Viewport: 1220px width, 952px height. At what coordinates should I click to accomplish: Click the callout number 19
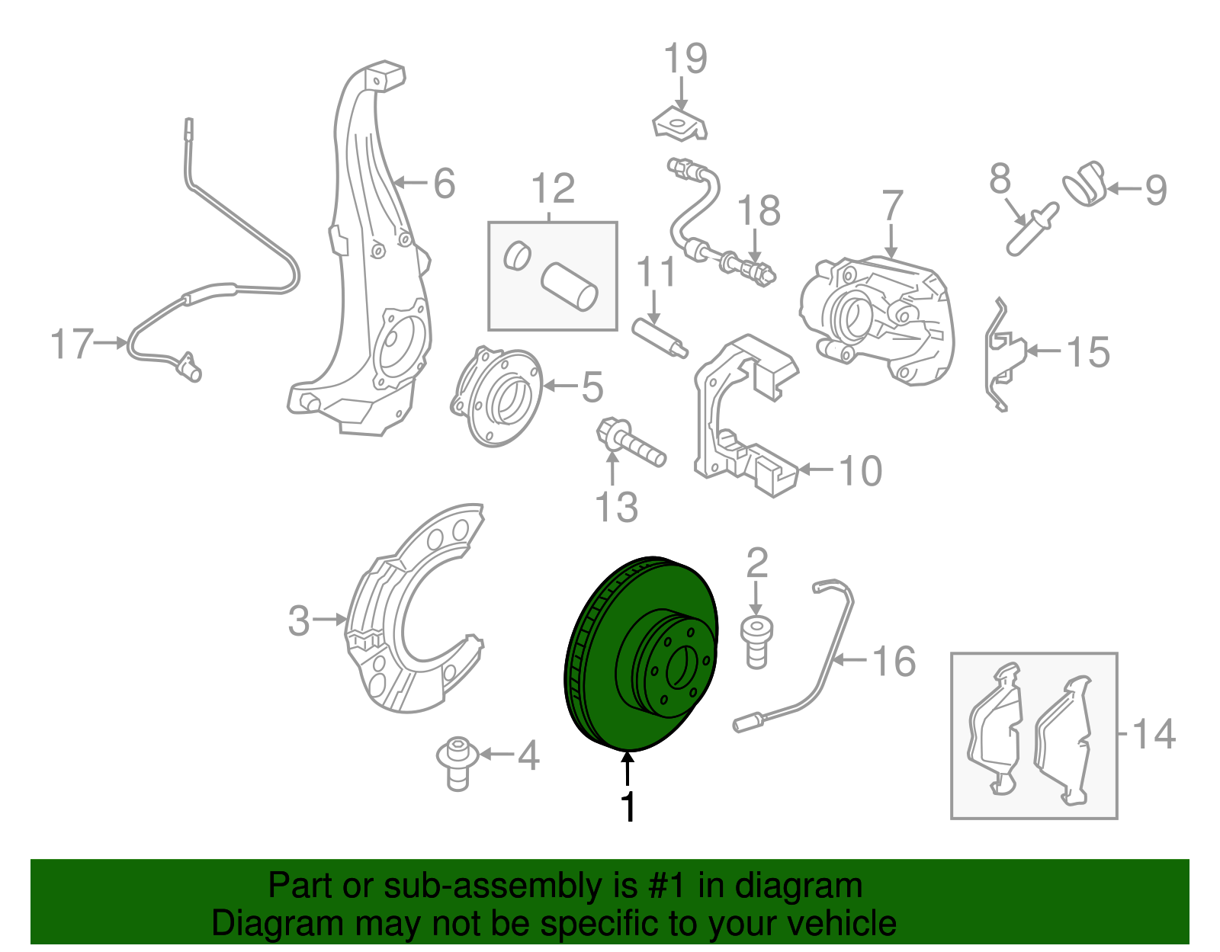(685, 59)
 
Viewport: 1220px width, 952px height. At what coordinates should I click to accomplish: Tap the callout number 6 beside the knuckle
(444, 184)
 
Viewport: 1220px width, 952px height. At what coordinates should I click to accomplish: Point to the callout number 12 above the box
(553, 188)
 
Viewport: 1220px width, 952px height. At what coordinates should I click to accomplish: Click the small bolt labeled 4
(457, 762)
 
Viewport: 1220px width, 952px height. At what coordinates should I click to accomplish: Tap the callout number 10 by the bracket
(861, 471)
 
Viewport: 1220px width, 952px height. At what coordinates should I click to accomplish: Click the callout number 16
(894, 662)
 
